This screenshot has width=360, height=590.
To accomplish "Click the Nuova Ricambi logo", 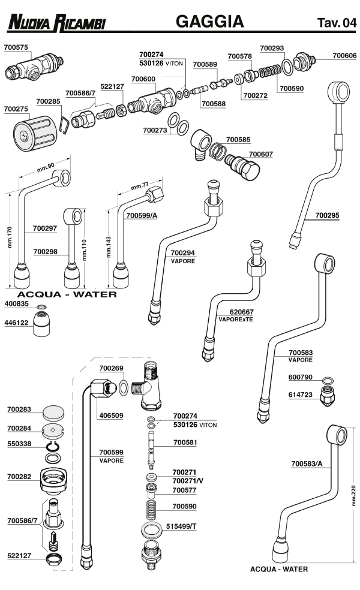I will pyautogui.click(x=57, y=23).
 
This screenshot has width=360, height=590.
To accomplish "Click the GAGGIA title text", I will pyautogui.click(x=209, y=22).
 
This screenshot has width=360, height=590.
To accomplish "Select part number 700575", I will pyautogui.click(x=16, y=46).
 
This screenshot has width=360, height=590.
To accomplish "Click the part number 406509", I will pyautogui.click(x=110, y=415).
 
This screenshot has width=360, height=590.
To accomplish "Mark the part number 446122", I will pyautogui.click(x=16, y=323).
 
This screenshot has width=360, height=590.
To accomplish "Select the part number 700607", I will pyautogui.click(x=260, y=154).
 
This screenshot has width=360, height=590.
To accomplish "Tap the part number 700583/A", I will pyautogui.click(x=307, y=463).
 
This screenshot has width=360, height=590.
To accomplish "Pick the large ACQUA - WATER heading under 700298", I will pyautogui.click(x=67, y=294).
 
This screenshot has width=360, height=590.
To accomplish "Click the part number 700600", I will pyautogui.click(x=143, y=78).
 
